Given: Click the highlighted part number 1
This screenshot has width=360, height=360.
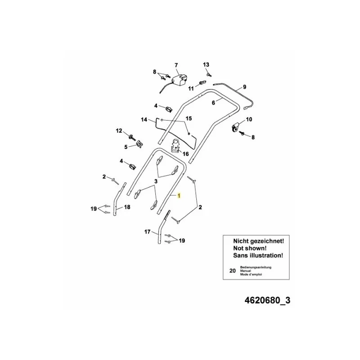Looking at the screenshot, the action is (x=179, y=196).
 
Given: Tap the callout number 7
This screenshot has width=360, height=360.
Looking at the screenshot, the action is (x=176, y=65).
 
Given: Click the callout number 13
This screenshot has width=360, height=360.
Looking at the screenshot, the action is (x=206, y=64).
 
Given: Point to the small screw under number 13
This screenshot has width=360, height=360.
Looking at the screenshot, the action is (x=209, y=75).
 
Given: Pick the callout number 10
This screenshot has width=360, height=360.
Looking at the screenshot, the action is (x=249, y=119).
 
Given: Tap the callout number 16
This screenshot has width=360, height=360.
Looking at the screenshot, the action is (x=185, y=153).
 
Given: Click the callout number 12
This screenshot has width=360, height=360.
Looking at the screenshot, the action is (x=119, y=131).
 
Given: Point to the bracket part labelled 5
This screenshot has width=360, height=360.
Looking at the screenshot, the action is (x=139, y=144).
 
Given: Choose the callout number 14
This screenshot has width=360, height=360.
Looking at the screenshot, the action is (x=144, y=120).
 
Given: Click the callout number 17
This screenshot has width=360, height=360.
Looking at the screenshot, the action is (x=147, y=232).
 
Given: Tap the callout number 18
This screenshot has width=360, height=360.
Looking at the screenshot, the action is (x=127, y=207).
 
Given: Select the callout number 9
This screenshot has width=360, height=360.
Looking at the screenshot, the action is (x=244, y=87).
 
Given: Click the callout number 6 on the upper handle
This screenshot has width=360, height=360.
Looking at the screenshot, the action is (x=213, y=103).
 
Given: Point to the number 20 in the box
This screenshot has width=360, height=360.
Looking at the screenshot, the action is (x=233, y=271).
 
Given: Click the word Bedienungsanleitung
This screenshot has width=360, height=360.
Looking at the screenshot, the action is (x=256, y=267).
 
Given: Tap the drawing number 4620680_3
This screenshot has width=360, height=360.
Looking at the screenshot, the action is (x=267, y=300).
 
